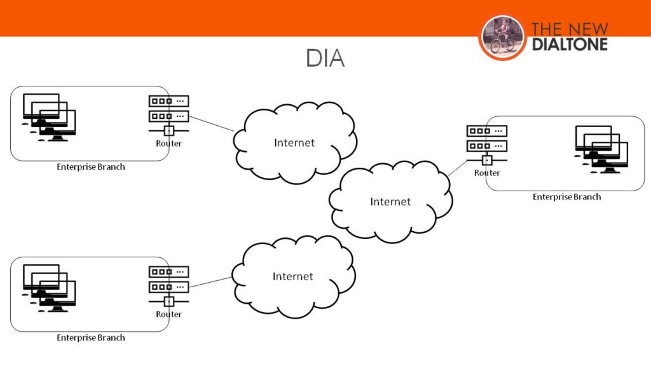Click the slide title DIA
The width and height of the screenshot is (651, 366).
[325, 58]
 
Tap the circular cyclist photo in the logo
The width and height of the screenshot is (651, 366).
[502, 37]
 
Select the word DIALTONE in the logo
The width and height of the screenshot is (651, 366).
[569, 44]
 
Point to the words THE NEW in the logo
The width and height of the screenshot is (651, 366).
[569, 29]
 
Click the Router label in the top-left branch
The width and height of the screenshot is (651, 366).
[168, 144]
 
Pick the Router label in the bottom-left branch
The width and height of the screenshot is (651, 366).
[168, 315]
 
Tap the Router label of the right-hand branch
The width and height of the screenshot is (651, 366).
[487, 173]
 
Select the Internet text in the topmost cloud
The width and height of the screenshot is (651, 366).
[294, 142]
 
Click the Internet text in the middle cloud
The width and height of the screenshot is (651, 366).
[390, 201]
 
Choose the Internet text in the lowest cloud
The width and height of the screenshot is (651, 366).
[293, 276]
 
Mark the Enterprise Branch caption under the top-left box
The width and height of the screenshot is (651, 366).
[91, 167]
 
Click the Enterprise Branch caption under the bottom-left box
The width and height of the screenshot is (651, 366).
[91, 337]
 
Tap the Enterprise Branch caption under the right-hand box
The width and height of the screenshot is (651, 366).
[566, 197]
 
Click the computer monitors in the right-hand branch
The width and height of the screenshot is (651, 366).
[601, 149]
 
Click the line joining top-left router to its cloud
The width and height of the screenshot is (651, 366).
[212, 123]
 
